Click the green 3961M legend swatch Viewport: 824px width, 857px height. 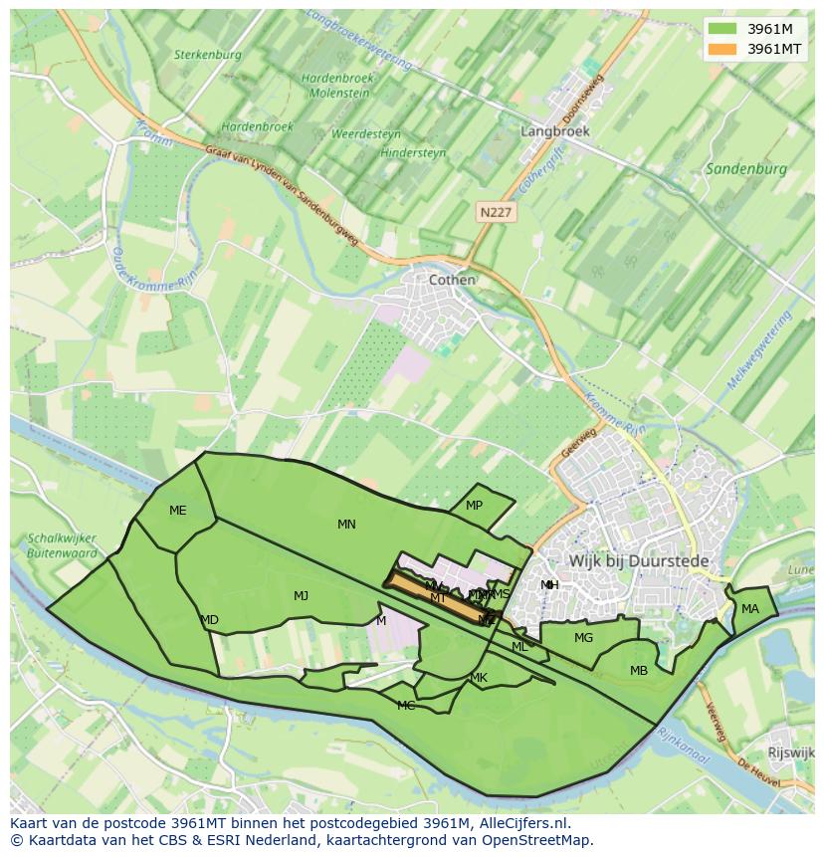(722, 28)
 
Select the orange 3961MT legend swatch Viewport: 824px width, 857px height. (722, 48)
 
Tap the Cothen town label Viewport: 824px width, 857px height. (451, 280)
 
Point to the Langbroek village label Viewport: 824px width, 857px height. (555, 130)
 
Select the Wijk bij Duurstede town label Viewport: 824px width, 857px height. (639, 561)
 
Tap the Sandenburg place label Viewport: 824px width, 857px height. (745, 169)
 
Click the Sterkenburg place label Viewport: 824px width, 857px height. (207, 55)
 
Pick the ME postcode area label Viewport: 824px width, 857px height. (177, 511)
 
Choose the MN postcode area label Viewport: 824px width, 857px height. (346, 525)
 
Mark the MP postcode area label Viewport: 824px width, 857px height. (474, 506)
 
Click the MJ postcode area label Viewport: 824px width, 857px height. (301, 596)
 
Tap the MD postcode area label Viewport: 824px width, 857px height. (209, 620)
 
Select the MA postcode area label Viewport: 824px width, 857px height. (749, 609)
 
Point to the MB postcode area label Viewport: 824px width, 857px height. (638, 671)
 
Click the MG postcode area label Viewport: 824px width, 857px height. (583, 638)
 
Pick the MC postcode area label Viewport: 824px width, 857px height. (406, 706)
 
